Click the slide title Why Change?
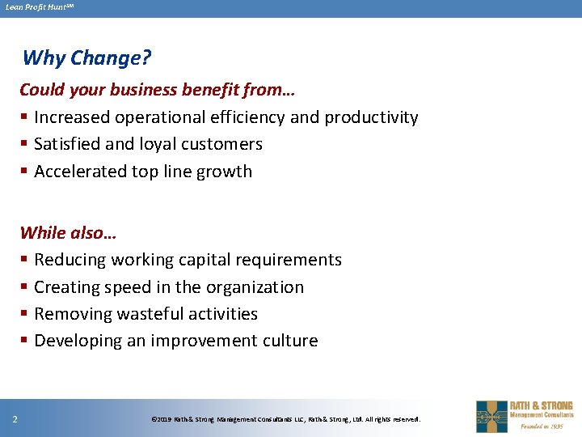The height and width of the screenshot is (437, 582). click(x=86, y=58)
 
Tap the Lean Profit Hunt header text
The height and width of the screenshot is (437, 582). click(x=39, y=7)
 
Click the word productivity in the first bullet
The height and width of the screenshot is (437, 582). click(x=371, y=117)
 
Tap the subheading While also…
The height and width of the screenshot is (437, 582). click(x=68, y=233)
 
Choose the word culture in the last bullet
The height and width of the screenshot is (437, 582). click(x=291, y=341)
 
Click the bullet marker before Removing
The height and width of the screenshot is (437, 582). click(x=24, y=315)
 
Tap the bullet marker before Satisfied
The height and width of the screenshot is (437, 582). click(x=24, y=145)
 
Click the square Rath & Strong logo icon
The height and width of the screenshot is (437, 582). click(x=491, y=416)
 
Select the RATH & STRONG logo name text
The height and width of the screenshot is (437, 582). click(x=541, y=405)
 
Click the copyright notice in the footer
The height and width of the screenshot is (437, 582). click(x=286, y=419)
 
